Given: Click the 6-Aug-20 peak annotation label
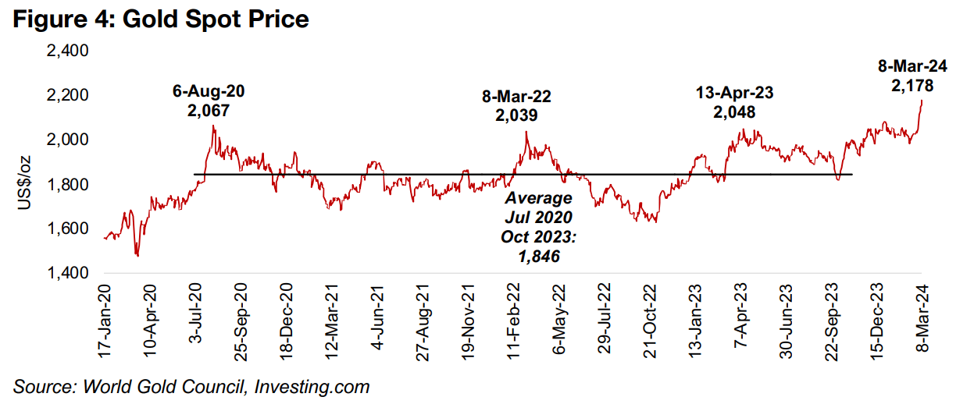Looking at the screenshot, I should click(208, 91).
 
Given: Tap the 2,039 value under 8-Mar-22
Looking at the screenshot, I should click(516, 115).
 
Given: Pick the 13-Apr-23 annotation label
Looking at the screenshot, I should click(735, 93).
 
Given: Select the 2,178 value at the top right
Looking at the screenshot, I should click(912, 85).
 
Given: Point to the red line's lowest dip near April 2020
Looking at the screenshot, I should click(137, 254).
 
